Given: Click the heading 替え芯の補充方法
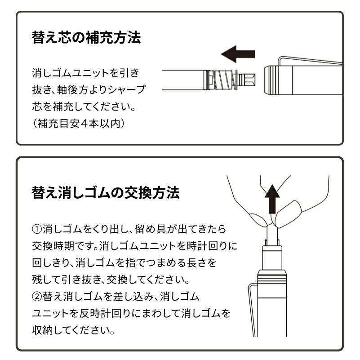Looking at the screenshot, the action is (x=86, y=37).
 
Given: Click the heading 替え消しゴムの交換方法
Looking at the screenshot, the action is (x=106, y=192).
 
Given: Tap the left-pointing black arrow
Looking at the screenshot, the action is (x=238, y=54).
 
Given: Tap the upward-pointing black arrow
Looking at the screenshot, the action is (x=272, y=199).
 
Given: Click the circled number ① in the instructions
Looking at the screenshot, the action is (x=37, y=229).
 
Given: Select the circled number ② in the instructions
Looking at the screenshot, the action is (x=37, y=296).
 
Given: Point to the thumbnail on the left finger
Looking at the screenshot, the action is (x=258, y=219).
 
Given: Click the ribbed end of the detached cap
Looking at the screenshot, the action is (x=270, y=80).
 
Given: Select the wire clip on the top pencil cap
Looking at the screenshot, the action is (x=310, y=60).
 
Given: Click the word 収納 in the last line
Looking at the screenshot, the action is (x=43, y=330).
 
